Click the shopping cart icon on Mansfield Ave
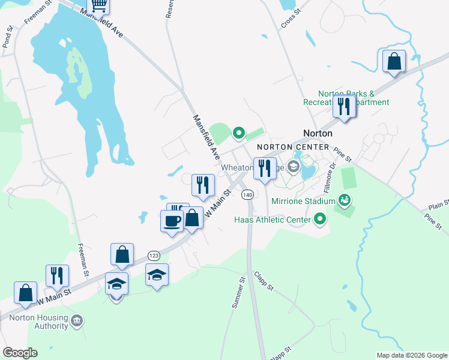[98, 5]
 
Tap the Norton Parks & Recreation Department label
[354, 98]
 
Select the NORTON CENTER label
[293, 147]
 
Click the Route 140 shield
[247, 195]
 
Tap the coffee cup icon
[172, 220]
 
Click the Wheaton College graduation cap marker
[294, 167]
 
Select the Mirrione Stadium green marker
[344, 199]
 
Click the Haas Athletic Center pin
[320, 220]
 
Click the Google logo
[20, 353]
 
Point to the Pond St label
[8, 37]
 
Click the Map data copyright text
[411, 355]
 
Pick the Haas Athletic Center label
[271, 220]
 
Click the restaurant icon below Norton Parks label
[345, 106]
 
